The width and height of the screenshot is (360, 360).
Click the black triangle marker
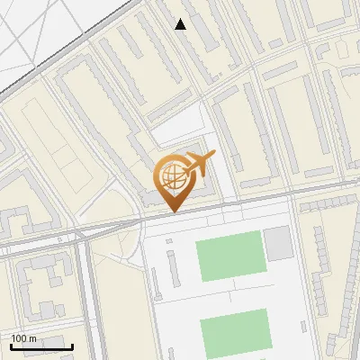coord(181,24)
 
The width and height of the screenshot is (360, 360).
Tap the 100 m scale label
coord(23,338)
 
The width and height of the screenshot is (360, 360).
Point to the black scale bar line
coord(41,346)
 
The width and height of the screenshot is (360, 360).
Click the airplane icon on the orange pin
coord(200,163)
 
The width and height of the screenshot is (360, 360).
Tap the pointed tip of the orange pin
coord(173,211)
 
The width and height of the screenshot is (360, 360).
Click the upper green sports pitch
coord(229,256)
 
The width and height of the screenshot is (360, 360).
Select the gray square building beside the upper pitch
coord(278,243)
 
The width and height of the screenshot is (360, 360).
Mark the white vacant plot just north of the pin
coord(180,126)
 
